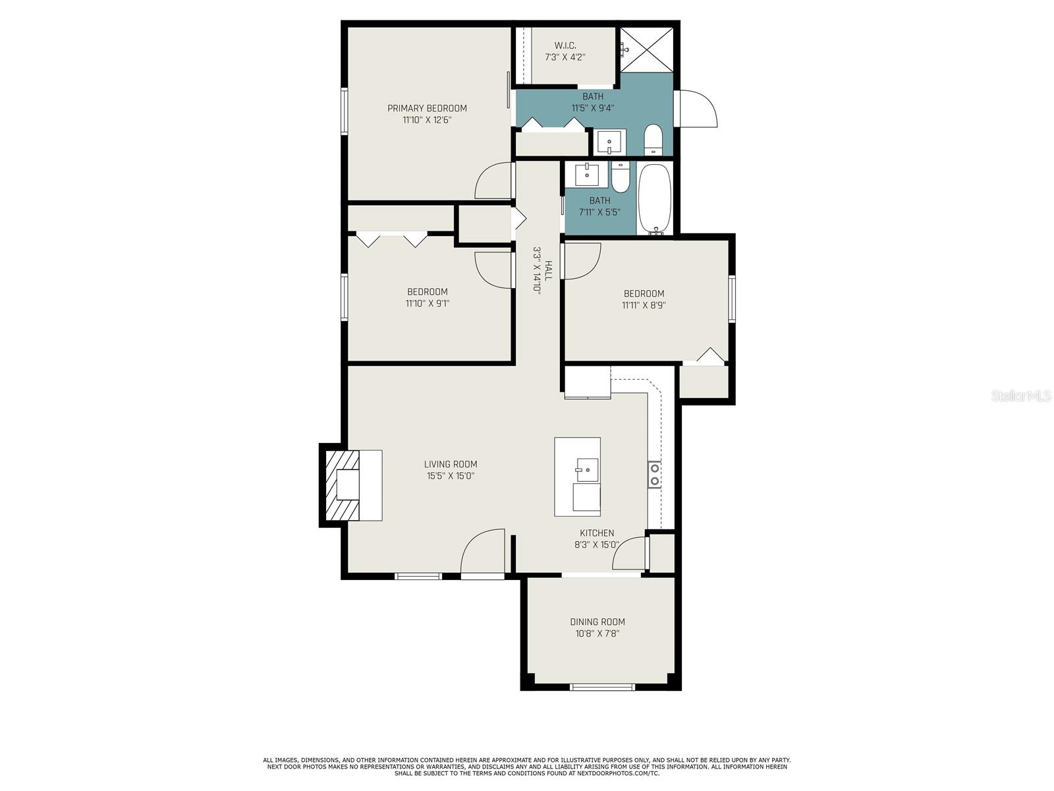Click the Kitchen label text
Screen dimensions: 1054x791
tap(597, 533)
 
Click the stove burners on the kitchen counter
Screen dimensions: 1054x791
tap(655, 475)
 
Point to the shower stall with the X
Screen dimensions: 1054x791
tap(646, 49)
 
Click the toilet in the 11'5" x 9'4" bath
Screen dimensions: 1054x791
tap(653, 140)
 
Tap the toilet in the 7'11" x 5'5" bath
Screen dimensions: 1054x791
tap(620, 177)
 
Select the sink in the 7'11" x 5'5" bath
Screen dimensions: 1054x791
tap(587, 174)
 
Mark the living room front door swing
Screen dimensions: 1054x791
tap(483, 551)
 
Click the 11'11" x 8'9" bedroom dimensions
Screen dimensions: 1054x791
tap(644, 305)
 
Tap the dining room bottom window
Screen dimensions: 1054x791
tap(602, 687)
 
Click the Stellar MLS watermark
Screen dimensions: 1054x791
tap(1020, 396)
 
